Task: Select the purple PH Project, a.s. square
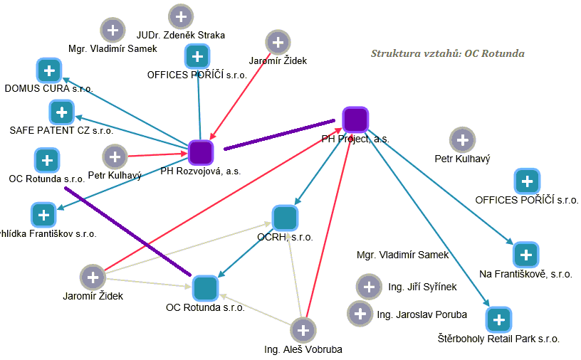(x=355, y=120)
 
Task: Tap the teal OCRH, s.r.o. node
(x=285, y=218)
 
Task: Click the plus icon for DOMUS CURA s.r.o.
(x=48, y=70)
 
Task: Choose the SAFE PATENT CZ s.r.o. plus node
(x=62, y=112)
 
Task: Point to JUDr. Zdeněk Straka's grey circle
(x=181, y=16)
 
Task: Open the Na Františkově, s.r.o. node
(x=525, y=254)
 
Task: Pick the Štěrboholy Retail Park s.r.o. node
(x=498, y=319)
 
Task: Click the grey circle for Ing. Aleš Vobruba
(x=303, y=330)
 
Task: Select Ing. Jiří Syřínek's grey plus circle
(x=368, y=287)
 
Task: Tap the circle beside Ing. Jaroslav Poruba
(x=360, y=314)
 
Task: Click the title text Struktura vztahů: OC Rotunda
(x=448, y=53)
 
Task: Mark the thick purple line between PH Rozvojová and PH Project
(x=279, y=135)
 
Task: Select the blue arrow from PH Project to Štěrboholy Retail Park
(x=427, y=221)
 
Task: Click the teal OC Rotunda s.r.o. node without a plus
(x=205, y=287)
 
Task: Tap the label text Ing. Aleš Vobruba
(x=293, y=349)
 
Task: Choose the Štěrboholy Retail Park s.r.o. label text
(x=498, y=339)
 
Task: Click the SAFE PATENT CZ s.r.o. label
(x=61, y=131)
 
